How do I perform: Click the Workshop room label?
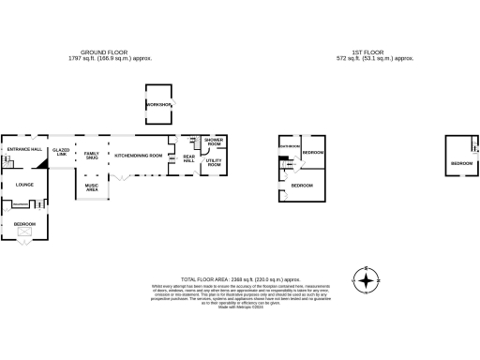click(x=157, y=104)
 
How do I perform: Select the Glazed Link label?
click(x=62, y=151)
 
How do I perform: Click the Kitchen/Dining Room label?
click(x=139, y=155)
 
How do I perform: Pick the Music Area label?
click(x=92, y=187)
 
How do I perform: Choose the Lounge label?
click(x=24, y=184)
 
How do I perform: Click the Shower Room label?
click(x=213, y=142)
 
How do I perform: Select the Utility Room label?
click(x=213, y=163)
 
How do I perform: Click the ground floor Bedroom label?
click(x=24, y=224)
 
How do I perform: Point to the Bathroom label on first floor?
click(x=289, y=146)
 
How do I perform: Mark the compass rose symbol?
click(x=366, y=279)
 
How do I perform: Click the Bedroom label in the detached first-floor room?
click(x=461, y=163)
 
